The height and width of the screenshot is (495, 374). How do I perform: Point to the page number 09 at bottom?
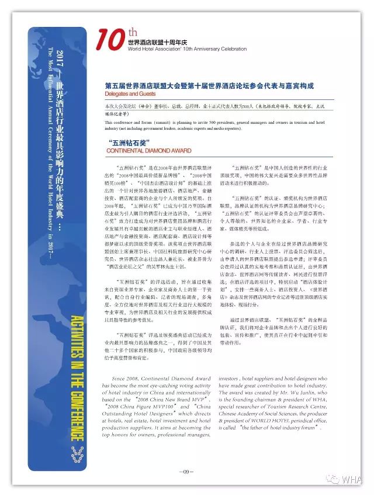click(186, 471)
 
